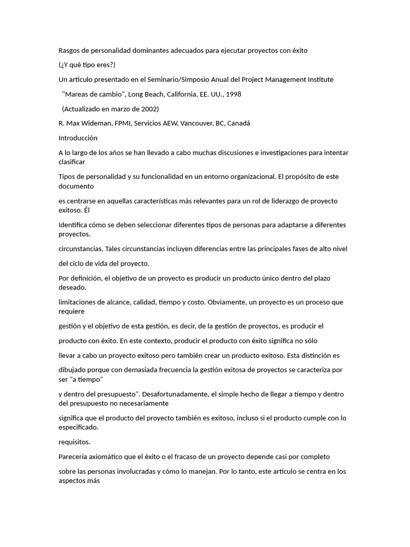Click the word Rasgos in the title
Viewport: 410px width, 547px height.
point(70,51)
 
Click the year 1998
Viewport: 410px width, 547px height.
point(233,94)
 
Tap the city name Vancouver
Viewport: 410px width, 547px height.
point(195,123)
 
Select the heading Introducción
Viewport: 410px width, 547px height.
point(78,138)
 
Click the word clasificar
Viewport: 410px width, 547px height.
point(72,161)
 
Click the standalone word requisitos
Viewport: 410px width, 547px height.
point(74,442)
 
